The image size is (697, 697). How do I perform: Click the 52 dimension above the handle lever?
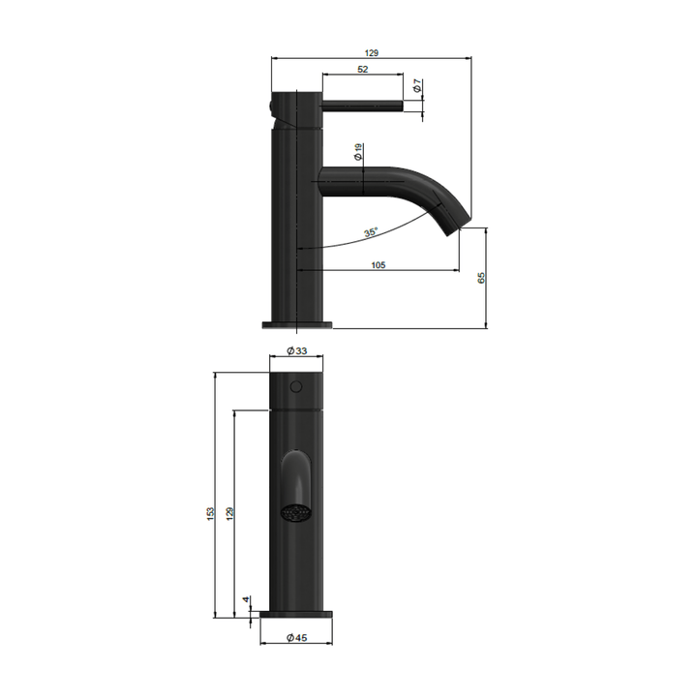[362, 70]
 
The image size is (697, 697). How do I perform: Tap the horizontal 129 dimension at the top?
[371, 52]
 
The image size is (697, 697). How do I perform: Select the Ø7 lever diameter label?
[416, 87]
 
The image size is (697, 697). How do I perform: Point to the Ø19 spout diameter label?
[357, 152]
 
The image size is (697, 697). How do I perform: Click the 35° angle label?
[371, 232]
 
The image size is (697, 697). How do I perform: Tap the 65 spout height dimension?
[481, 278]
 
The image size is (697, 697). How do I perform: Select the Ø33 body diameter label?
[297, 352]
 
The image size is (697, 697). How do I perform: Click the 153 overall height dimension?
[210, 512]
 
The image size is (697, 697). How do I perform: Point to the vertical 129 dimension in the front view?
[229, 512]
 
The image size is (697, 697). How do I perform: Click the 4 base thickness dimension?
[248, 600]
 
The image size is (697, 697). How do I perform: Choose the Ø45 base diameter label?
[297, 637]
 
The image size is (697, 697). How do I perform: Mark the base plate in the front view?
[297, 614]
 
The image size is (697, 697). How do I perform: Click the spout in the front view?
[296, 478]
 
